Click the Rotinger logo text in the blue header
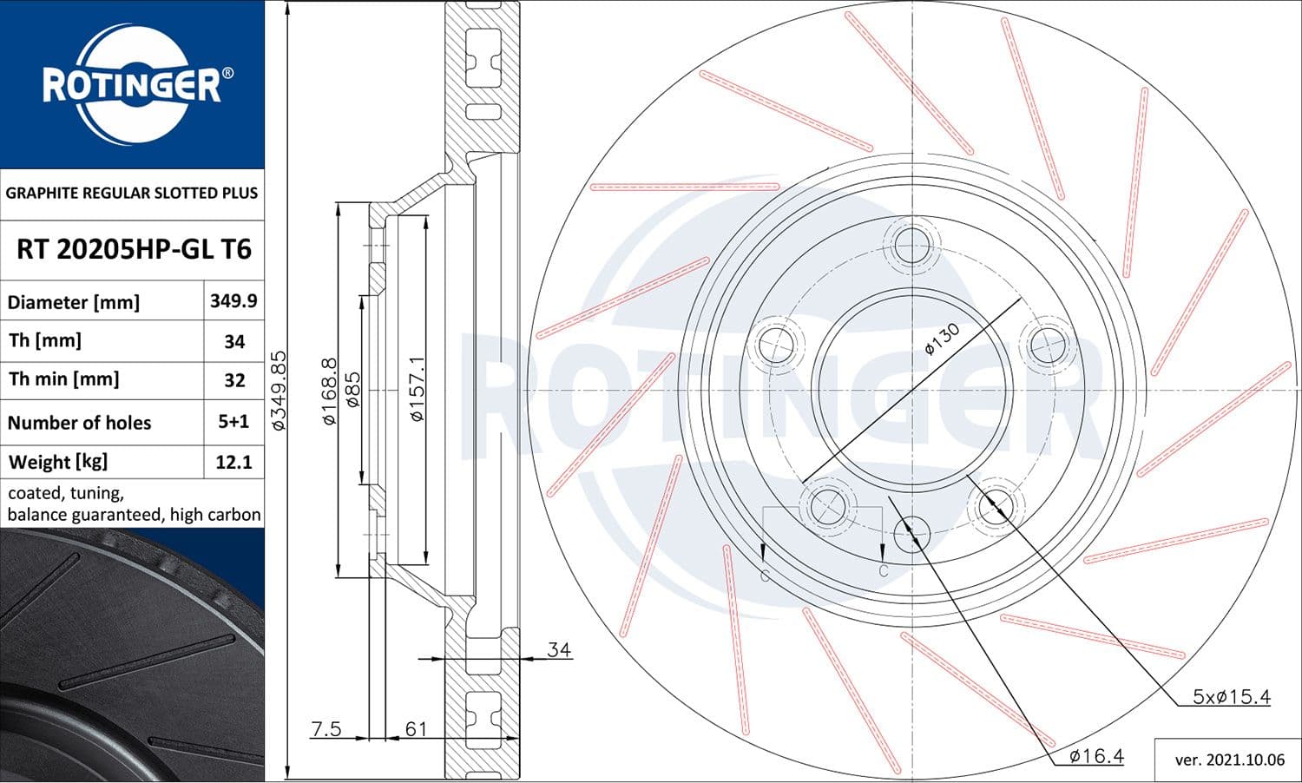click(x=132, y=85)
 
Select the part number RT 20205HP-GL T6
click(x=134, y=250)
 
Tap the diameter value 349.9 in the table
click(x=233, y=301)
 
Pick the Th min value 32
click(x=234, y=380)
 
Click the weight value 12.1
click(x=233, y=462)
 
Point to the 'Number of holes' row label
click(x=79, y=423)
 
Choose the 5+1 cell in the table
click(x=233, y=422)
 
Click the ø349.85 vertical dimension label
click(x=279, y=391)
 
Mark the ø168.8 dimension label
click(x=329, y=391)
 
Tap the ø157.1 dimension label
click(x=418, y=389)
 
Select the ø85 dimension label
click(x=352, y=390)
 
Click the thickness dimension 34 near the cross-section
click(x=559, y=649)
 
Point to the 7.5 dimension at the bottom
click(x=326, y=728)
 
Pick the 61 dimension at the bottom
click(x=417, y=728)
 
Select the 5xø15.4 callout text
click(x=1231, y=696)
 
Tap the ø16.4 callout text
click(x=1096, y=756)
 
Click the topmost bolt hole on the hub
click(x=912, y=243)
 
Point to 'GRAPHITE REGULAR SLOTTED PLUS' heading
click(x=132, y=193)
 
